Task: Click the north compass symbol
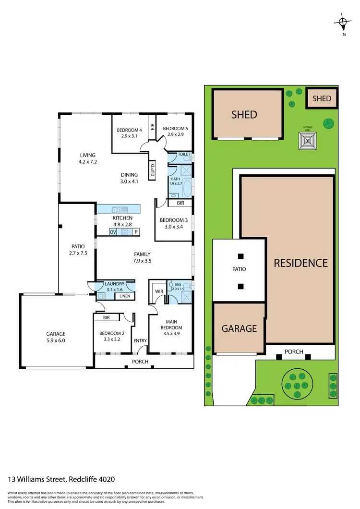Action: point(342,22)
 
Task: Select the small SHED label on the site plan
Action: point(322,98)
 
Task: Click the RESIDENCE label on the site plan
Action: point(300,263)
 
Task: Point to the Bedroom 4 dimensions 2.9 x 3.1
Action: point(129,136)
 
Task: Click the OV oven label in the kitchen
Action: point(113,232)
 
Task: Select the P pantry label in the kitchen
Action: point(136,232)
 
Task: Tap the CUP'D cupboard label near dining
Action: point(152,170)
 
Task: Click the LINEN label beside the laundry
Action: point(124,296)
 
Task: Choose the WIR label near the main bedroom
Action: point(157,291)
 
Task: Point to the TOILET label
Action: point(184,155)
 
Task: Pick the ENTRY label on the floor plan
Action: point(140,340)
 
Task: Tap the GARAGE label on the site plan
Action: point(239,329)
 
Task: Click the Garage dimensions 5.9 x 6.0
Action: point(55,340)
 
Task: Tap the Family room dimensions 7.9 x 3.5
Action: point(142,261)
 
